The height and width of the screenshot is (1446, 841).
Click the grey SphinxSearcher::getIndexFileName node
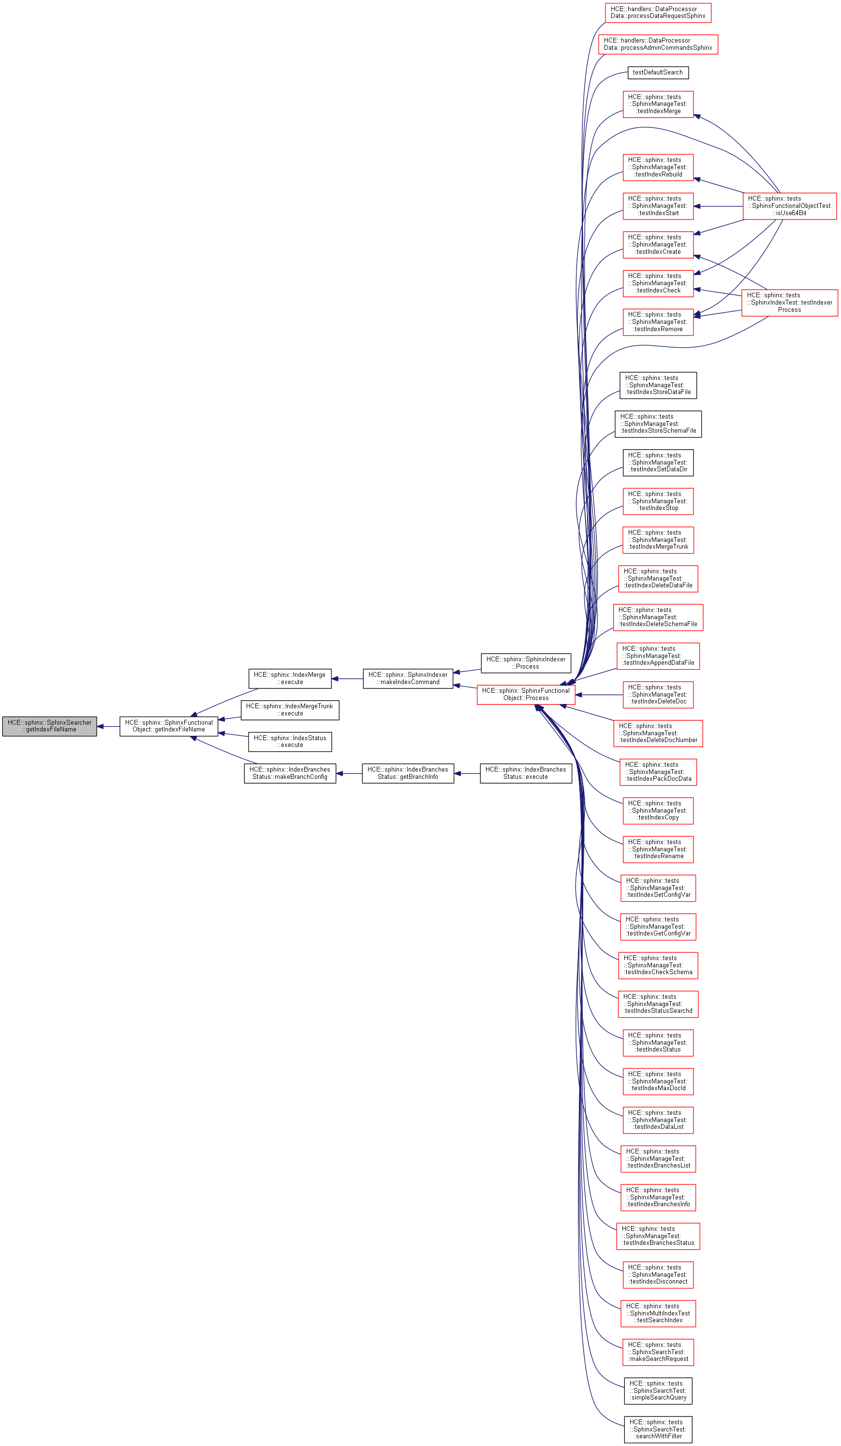point(49,726)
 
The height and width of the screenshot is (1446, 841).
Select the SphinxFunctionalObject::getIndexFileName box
point(169,726)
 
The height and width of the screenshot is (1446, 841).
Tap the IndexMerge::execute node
point(289,678)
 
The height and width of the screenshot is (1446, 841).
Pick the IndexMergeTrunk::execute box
point(289,710)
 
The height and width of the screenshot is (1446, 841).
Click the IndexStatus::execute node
point(289,741)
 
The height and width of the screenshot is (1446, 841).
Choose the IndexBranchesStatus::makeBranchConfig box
point(289,773)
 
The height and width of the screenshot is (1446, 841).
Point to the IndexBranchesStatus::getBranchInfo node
point(408,773)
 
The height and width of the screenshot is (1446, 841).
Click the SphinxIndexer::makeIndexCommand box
point(408,678)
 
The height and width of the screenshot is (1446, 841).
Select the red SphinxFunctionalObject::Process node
point(525,694)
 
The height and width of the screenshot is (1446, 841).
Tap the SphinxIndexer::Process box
point(525,663)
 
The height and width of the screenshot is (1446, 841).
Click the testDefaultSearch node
point(657,73)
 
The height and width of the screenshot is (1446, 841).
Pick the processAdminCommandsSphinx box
point(657,44)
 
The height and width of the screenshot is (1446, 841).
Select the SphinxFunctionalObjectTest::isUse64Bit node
point(789,206)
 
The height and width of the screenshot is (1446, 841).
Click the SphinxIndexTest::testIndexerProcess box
point(789,302)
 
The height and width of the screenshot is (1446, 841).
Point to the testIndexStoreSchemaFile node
point(658,424)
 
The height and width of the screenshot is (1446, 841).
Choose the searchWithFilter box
point(658,1429)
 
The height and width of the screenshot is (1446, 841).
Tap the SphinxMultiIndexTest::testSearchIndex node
point(658,1313)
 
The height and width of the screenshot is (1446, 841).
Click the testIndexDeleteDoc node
point(658,694)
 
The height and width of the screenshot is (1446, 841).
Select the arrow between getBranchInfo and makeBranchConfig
point(349,774)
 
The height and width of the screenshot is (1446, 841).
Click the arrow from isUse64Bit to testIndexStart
point(718,206)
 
